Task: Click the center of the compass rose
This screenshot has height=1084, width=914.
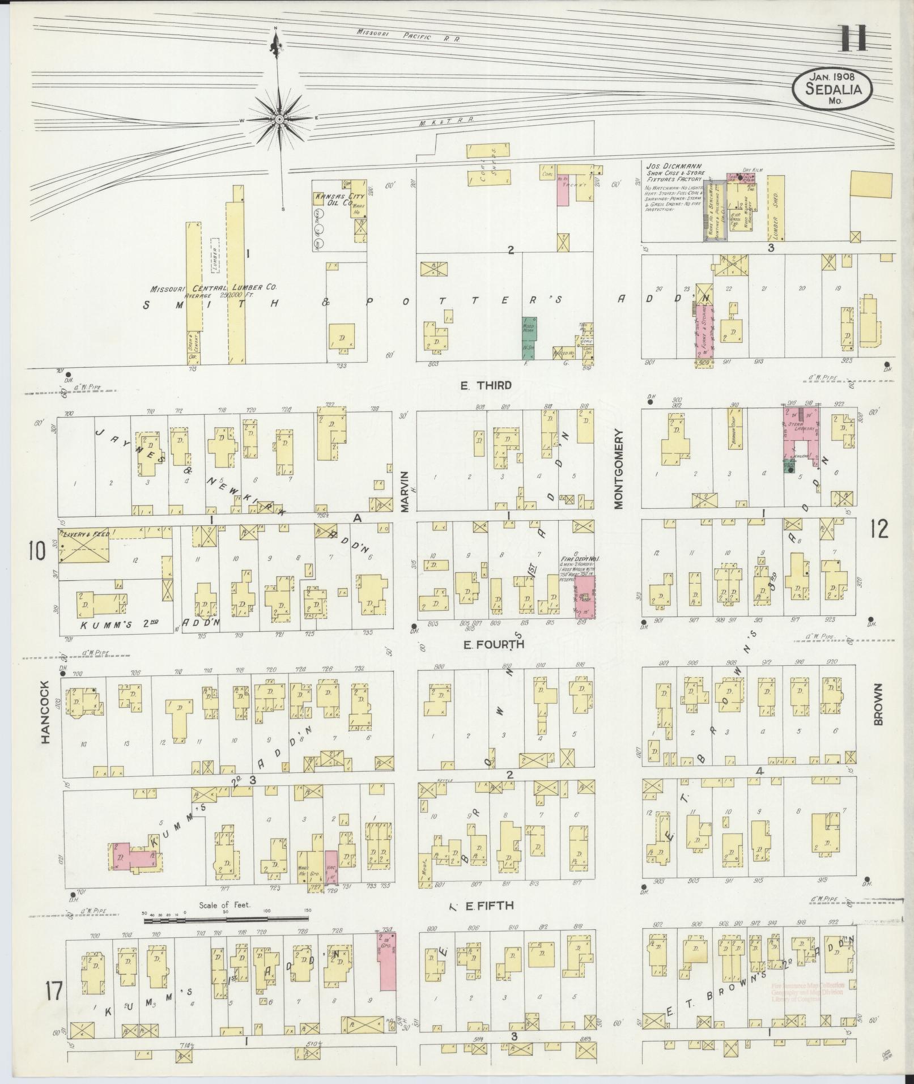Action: [279, 120]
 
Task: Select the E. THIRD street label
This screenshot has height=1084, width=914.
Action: [486, 385]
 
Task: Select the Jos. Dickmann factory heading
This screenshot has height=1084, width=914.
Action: [673, 171]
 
